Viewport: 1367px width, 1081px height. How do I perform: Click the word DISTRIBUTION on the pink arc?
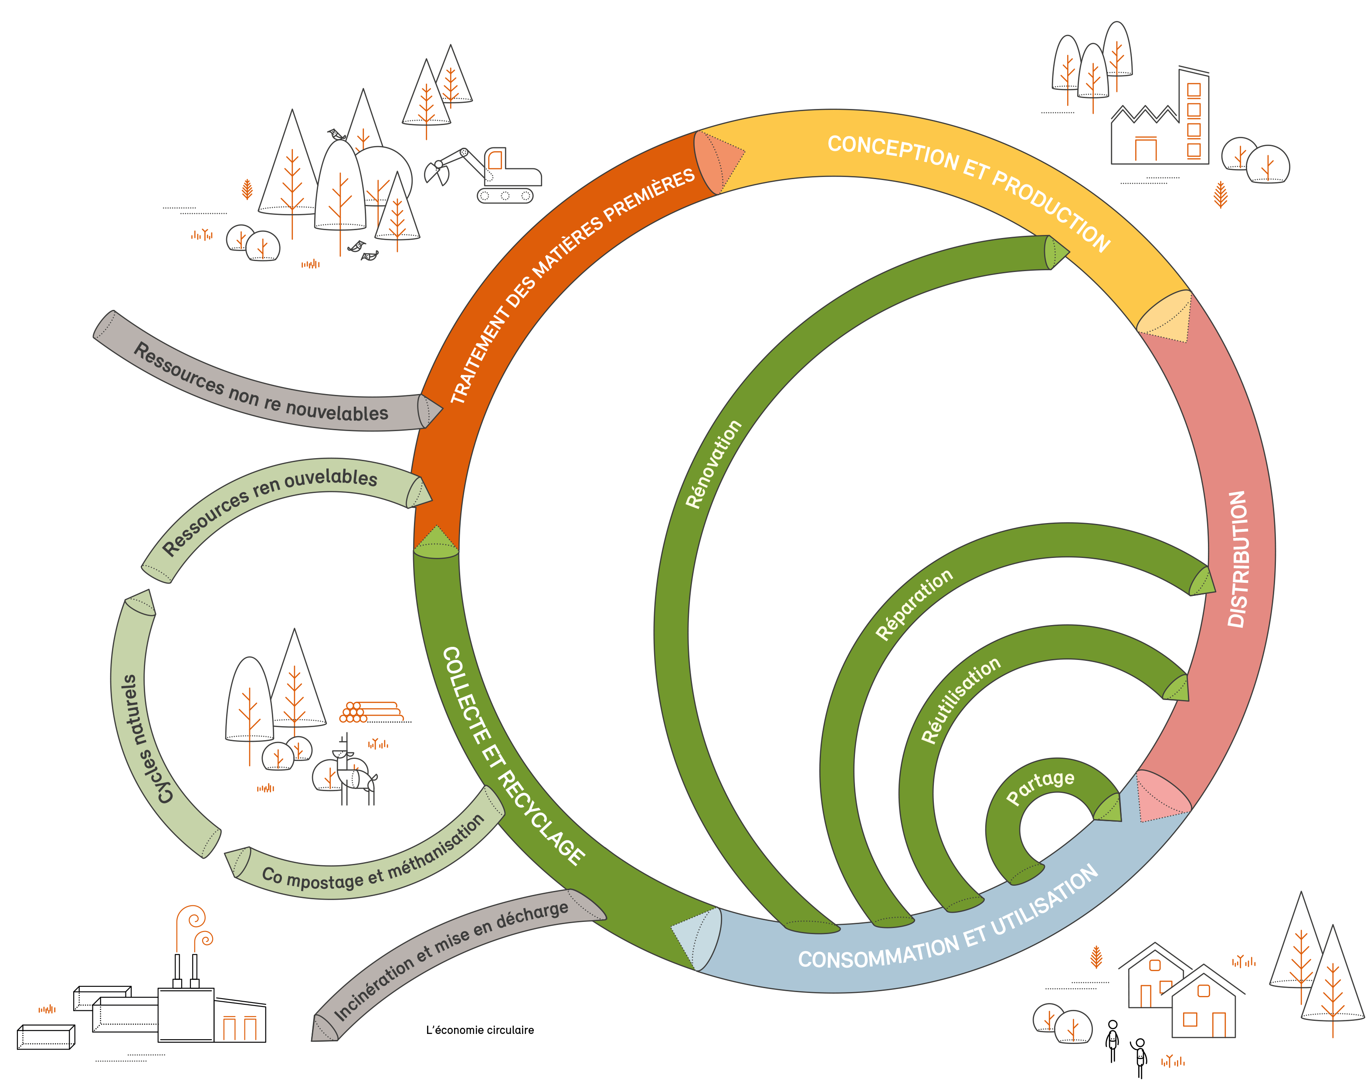[x=1237, y=559]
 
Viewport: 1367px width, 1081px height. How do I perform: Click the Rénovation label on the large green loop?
[x=713, y=464]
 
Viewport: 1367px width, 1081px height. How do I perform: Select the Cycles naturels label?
[x=140, y=738]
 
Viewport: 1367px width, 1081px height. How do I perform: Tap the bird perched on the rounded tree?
[x=336, y=134]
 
